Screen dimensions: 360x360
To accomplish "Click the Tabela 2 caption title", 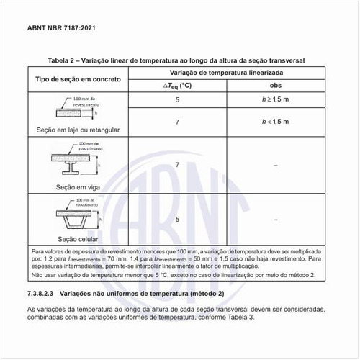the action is [x=180, y=61].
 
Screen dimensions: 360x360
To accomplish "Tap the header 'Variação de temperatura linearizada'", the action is [x=227, y=73].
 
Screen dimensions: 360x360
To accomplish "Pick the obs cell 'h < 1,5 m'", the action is [x=275, y=122].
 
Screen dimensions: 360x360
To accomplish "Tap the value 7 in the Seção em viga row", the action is [x=176, y=166].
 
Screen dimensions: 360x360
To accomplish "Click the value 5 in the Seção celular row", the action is [x=176, y=219].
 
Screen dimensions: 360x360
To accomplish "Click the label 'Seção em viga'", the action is [x=76, y=186].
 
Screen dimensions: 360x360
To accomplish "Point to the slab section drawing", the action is [x=76, y=112].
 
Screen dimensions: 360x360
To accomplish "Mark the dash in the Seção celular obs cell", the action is [x=275, y=219].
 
